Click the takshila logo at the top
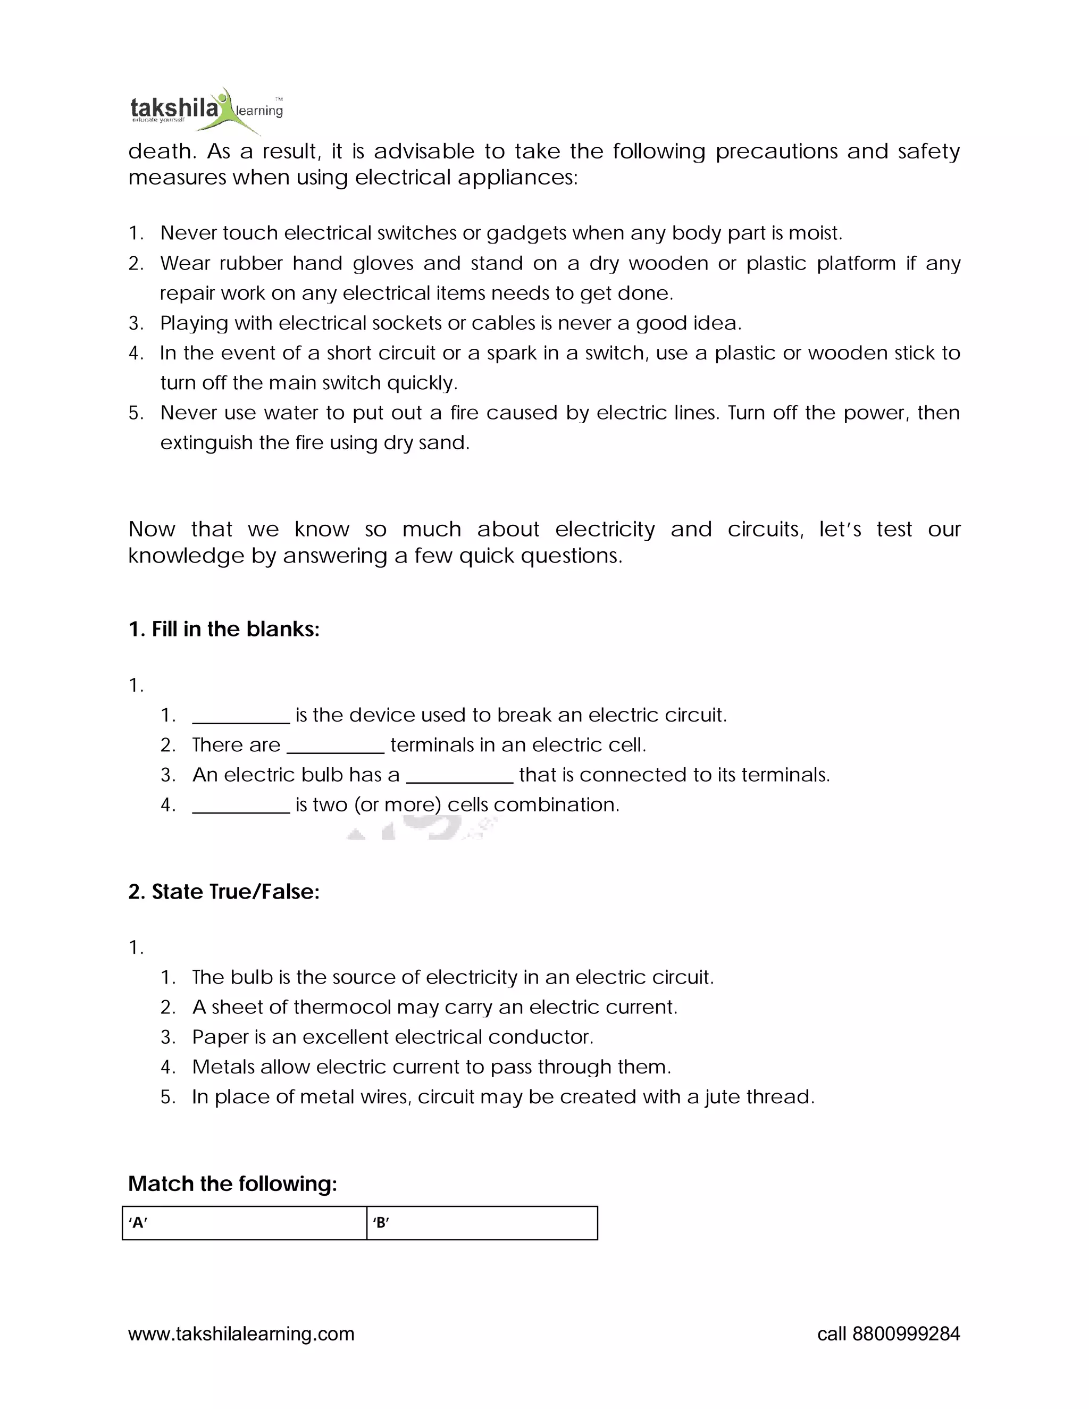click(205, 110)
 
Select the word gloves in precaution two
click(382, 263)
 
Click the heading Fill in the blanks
click(224, 629)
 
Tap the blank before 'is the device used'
click(241, 716)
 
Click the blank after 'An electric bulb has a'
click(459, 775)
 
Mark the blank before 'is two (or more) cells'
click(241, 806)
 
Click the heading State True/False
click(224, 892)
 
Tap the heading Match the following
click(232, 1184)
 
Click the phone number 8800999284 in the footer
click(906, 1333)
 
